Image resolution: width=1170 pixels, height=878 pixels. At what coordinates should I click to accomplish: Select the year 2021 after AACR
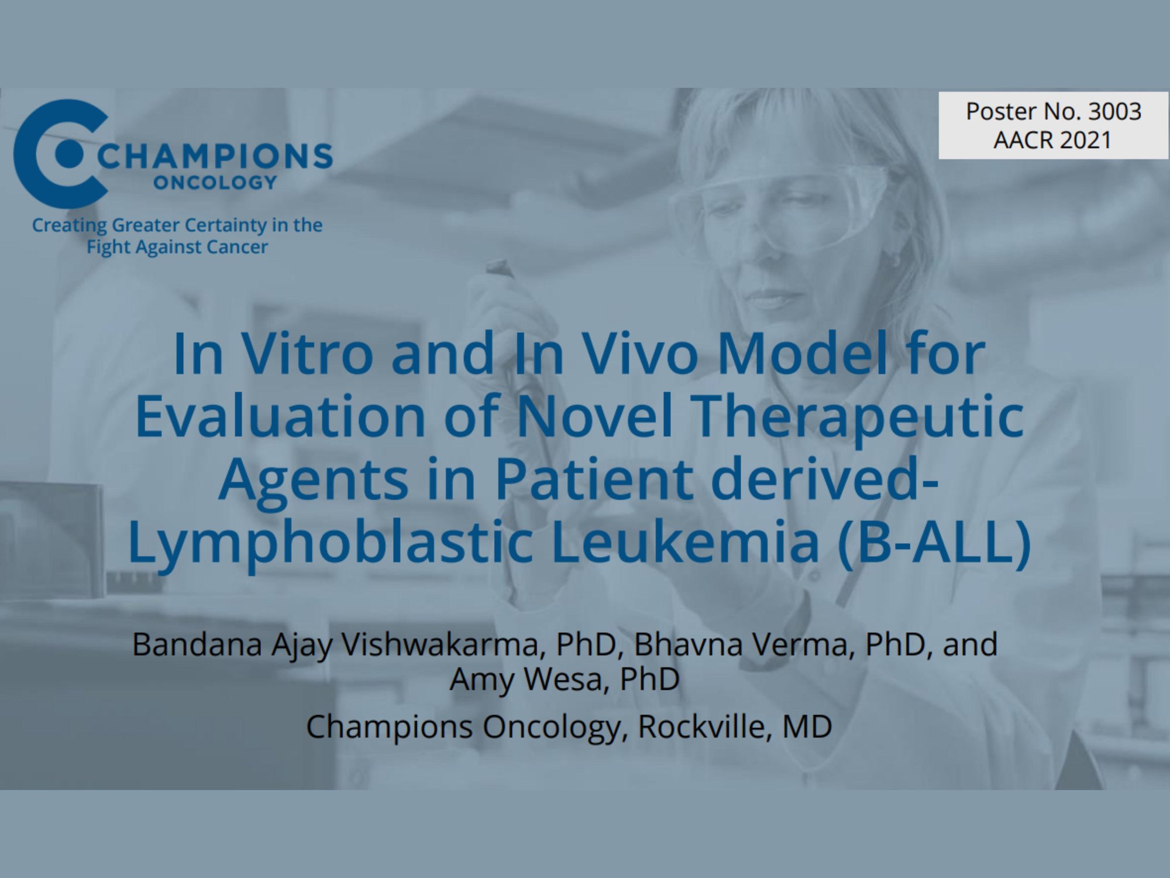pos(1082,140)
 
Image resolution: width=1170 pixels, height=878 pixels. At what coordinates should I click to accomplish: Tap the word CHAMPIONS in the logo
pos(215,156)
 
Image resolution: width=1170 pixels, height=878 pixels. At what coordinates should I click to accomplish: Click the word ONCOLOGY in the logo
pos(215,183)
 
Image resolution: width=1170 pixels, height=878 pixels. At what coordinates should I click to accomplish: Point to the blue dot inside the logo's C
pos(71,153)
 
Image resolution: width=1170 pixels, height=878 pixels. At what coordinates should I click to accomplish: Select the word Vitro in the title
pos(308,354)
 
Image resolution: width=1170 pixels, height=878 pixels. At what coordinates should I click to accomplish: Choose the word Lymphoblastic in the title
pos(330,541)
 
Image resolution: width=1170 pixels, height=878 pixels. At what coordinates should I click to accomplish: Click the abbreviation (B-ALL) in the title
pos(934,541)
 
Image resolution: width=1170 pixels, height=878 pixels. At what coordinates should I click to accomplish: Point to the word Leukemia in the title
pos(685,541)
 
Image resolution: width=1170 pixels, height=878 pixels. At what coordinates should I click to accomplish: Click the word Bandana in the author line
pos(197,644)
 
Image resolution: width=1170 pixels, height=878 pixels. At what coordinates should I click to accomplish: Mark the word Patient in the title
pos(594,479)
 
